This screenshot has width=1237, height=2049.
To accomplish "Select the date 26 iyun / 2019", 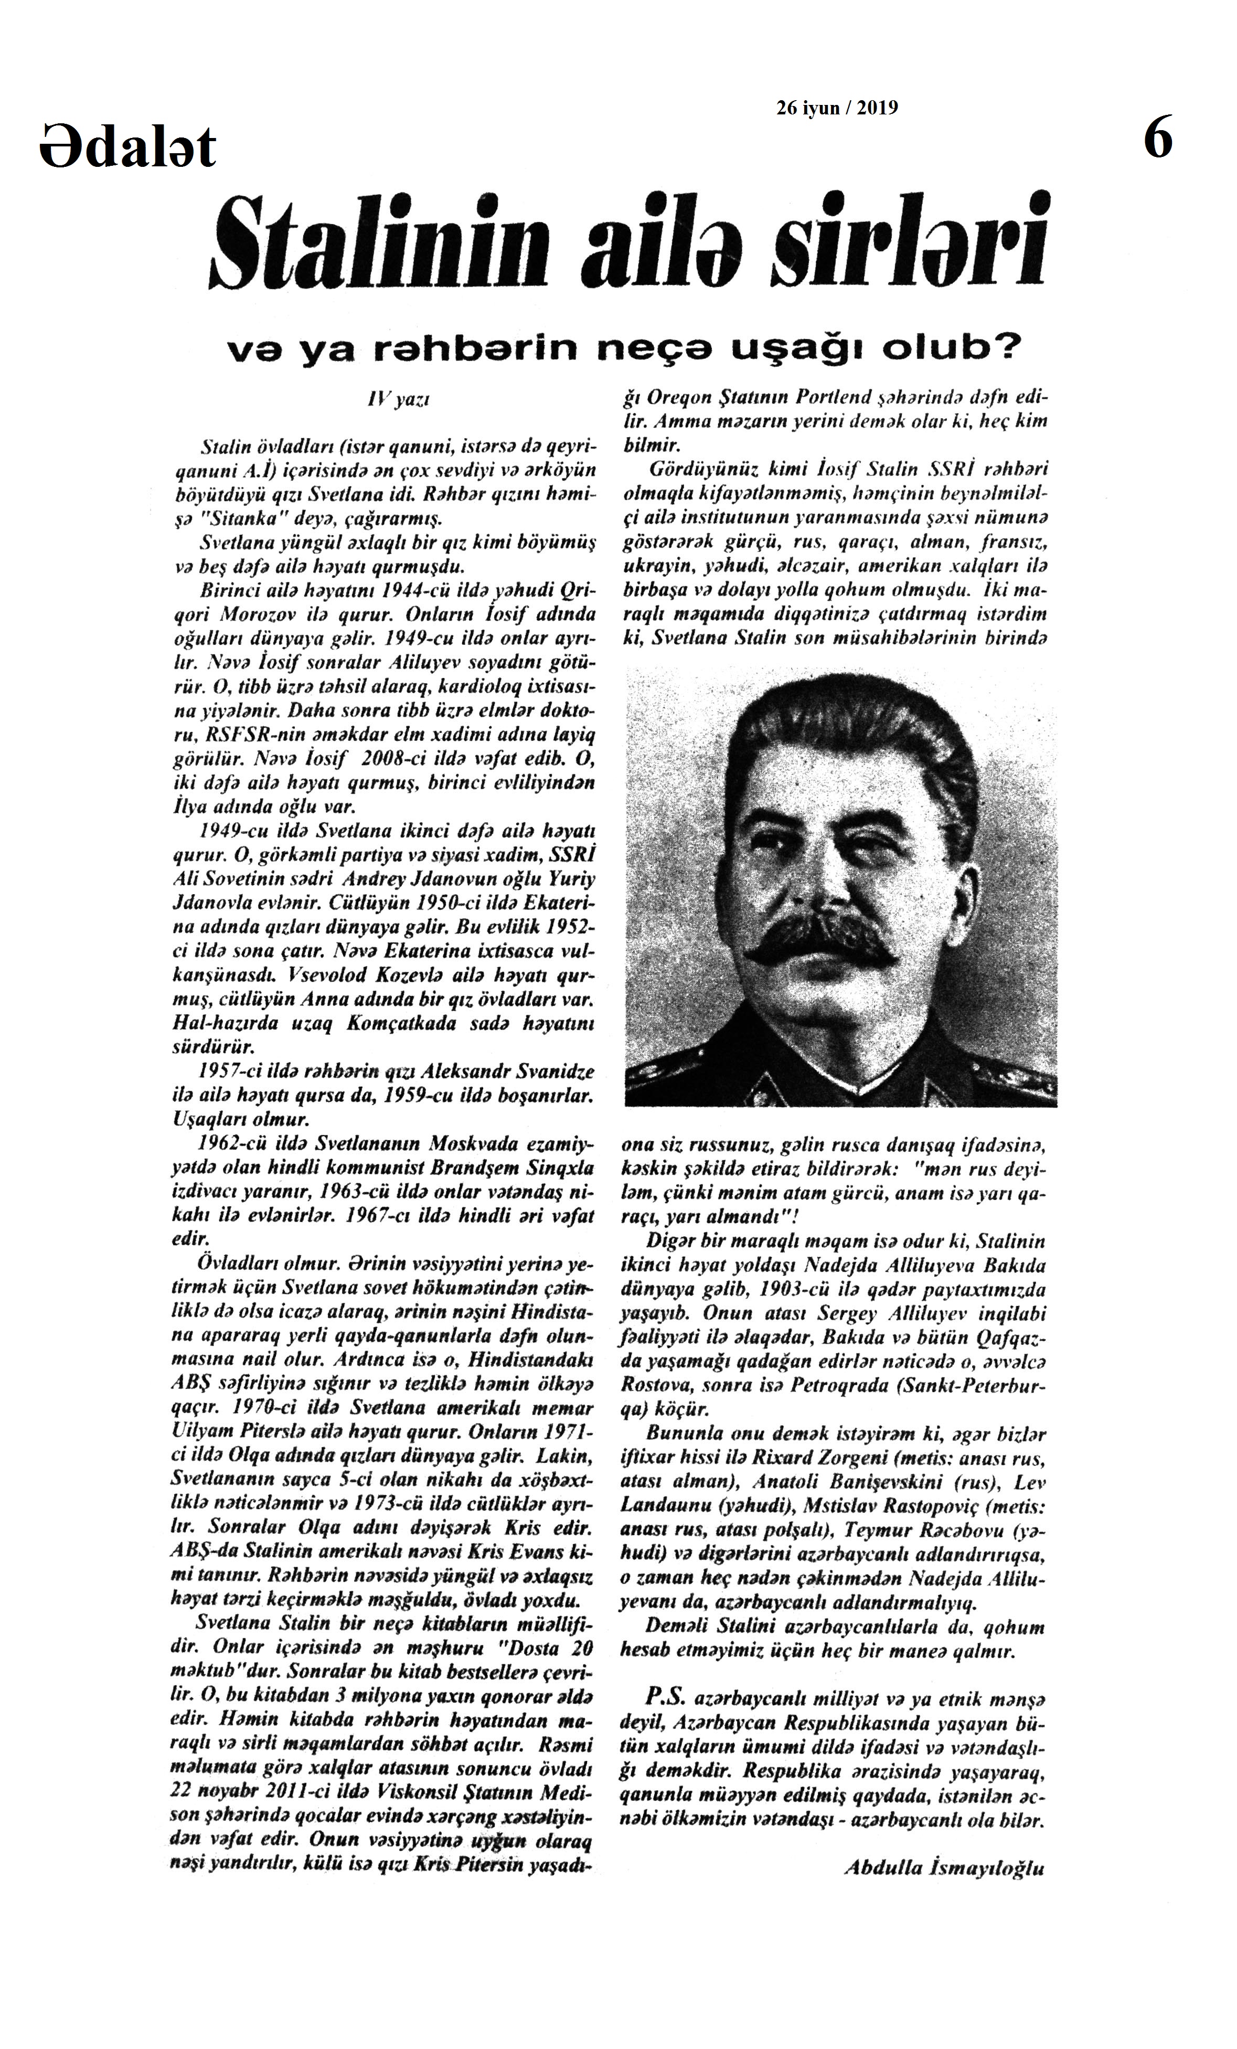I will [837, 108].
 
